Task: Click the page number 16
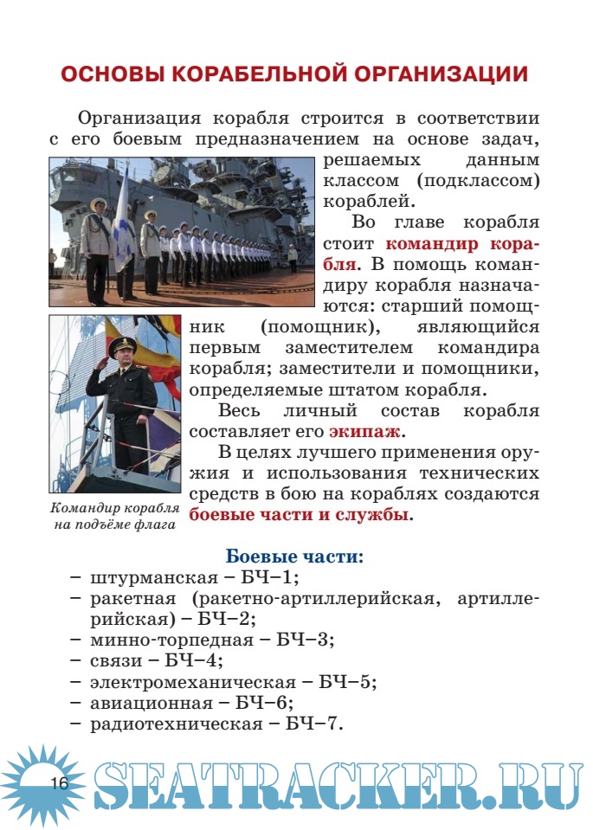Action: [x=58, y=784]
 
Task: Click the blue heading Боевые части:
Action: [x=293, y=557]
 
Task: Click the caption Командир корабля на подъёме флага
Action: [x=114, y=516]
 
